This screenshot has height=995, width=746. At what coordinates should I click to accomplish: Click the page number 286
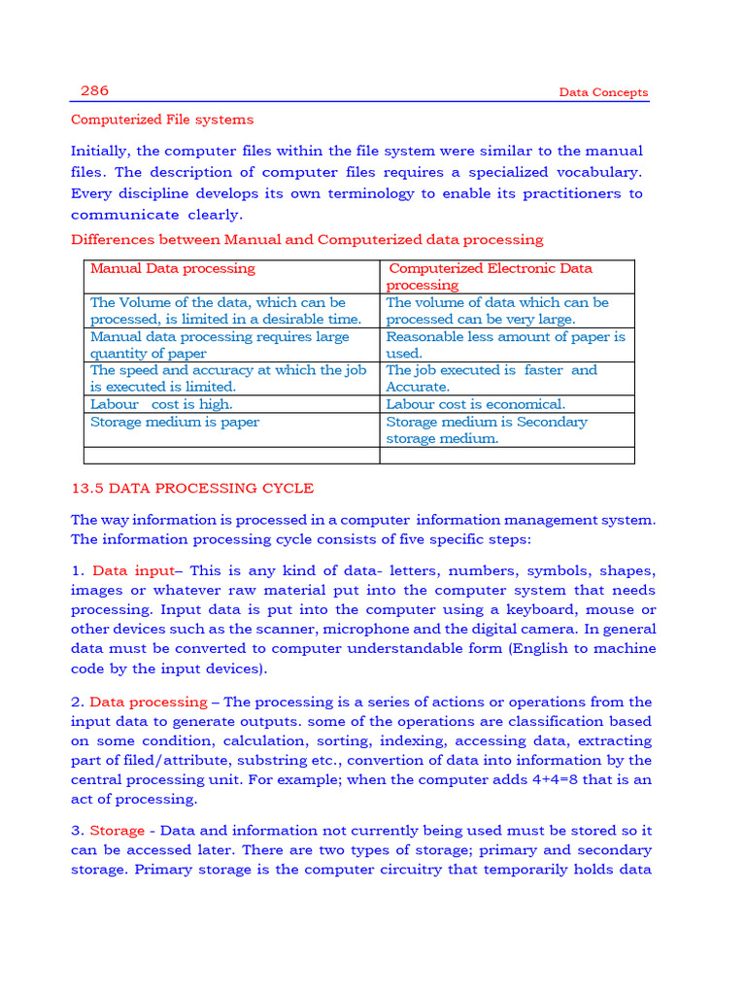pyautogui.click(x=94, y=90)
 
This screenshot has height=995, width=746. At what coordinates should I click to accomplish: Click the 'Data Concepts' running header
pyautogui.click(x=603, y=93)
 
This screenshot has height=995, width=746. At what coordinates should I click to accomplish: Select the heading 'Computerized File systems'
pyautogui.click(x=161, y=120)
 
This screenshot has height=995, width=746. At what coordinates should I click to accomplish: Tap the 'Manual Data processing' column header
pyautogui.click(x=172, y=268)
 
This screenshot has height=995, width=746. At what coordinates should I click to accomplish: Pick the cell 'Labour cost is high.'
pyautogui.click(x=161, y=404)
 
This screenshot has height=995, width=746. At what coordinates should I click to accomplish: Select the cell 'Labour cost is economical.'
pyautogui.click(x=475, y=404)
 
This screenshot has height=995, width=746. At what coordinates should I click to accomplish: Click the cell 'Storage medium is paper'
pyautogui.click(x=175, y=422)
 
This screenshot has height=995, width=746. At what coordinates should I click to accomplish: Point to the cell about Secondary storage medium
pyautogui.click(x=486, y=429)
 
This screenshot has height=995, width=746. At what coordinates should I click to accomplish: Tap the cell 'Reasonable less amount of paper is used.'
pyautogui.click(x=505, y=345)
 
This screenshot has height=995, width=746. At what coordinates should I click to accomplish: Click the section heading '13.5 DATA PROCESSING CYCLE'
pyautogui.click(x=192, y=488)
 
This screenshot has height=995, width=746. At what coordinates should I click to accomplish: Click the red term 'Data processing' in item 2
pyautogui.click(x=148, y=702)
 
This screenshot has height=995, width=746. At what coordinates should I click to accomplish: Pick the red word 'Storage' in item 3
pyautogui.click(x=117, y=831)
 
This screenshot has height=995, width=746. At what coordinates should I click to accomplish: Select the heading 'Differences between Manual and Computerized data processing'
pyautogui.click(x=307, y=239)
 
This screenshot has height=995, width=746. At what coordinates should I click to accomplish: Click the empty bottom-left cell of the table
pyautogui.click(x=231, y=455)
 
